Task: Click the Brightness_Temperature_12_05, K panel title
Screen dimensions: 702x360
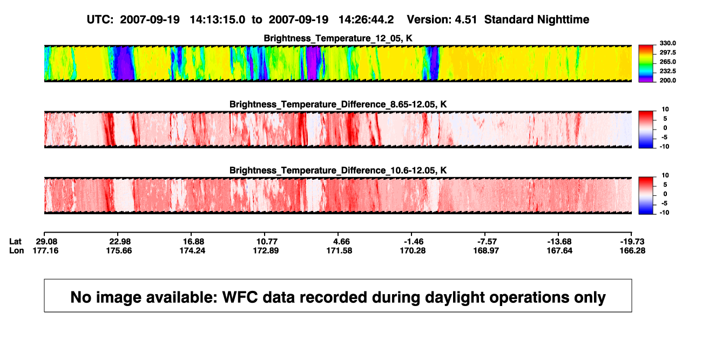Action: click(338, 38)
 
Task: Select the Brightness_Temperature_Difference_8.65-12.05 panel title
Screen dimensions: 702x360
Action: click(338, 104)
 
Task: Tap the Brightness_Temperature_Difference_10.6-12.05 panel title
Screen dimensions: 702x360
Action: click(338, 171)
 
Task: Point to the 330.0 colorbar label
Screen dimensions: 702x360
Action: click(667, 43)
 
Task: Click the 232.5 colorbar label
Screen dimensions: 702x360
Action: click(667, 71)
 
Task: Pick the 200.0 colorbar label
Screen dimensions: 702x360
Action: click(667, 80)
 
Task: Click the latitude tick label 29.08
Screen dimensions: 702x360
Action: click(46, 242)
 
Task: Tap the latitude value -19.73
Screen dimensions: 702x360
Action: click(632, 242)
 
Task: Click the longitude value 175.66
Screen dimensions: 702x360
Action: click(119, 250)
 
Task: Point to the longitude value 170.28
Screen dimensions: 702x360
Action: click(413, 250)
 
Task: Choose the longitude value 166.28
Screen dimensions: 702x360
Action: click(632, 250)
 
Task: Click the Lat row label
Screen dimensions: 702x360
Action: click(15, 242)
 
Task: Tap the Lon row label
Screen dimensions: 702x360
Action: click(17, 250)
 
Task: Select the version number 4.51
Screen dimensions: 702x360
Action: click(465, 20)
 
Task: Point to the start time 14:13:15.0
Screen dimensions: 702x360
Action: click(218, 20)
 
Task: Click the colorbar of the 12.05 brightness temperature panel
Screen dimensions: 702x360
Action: click(646, 64)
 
